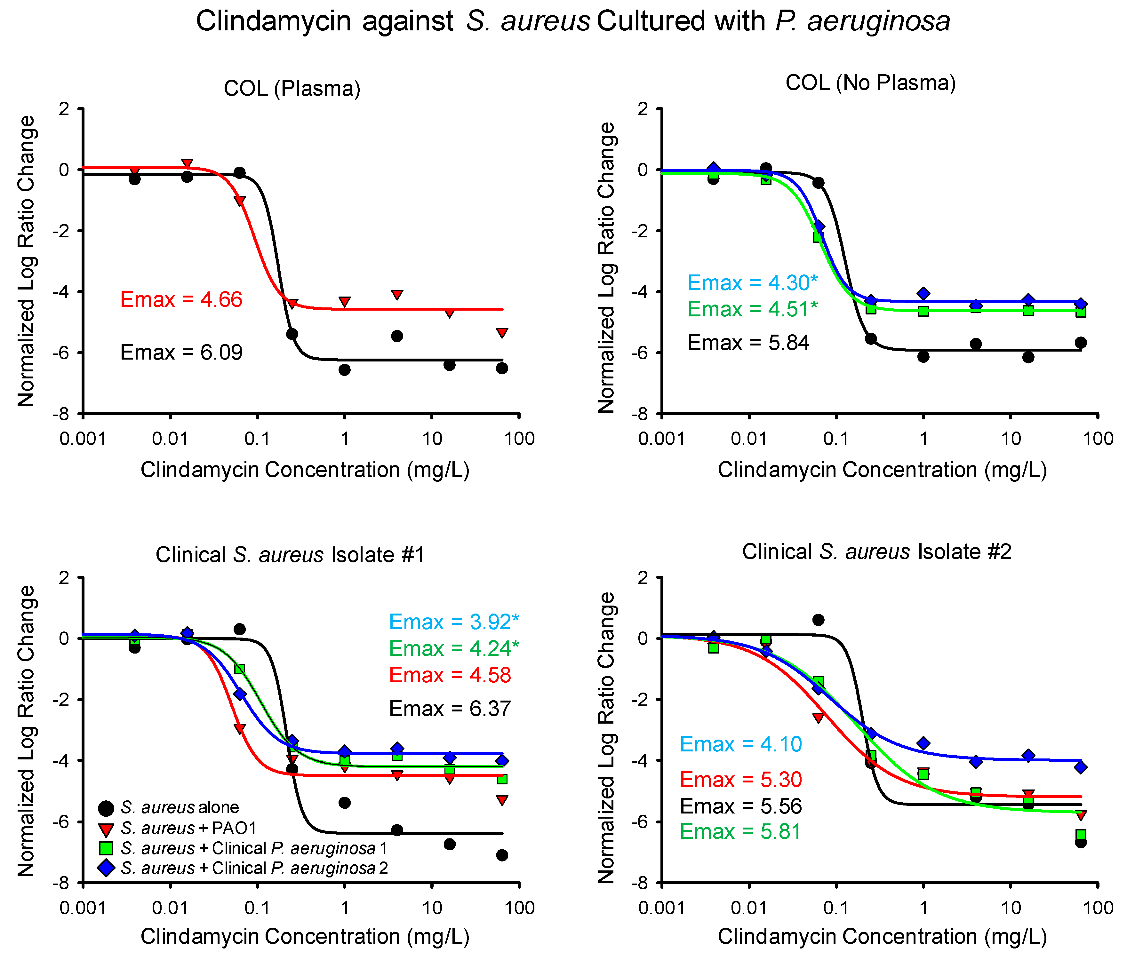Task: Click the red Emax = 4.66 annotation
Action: (x=181, y=300)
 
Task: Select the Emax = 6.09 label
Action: (x=181, y=353)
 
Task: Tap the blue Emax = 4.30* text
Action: (x=752, y=283)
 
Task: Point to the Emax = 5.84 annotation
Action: (x=748, y=343)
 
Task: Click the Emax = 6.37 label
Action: (x=450, y=709)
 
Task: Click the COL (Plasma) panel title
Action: (x=292, y=88)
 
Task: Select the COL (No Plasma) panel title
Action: (x=870, y=83)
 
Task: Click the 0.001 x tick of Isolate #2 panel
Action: (x=661, y=908)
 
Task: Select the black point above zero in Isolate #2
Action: (x=818, y=620)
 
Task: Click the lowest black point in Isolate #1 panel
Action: (x=502, y=855)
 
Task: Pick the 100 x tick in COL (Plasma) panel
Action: (x=519, y=438)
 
